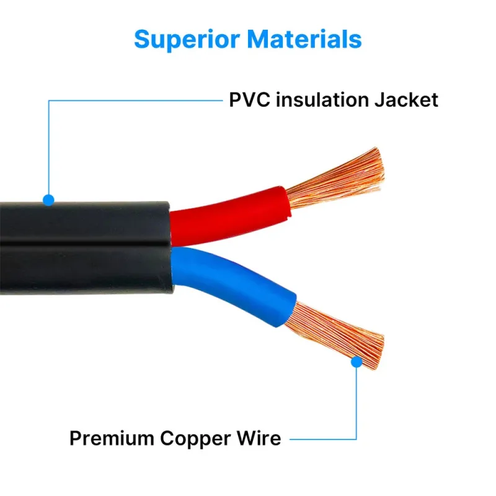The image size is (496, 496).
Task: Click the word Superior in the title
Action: point(187,39)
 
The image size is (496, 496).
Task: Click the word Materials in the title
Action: point(304,39)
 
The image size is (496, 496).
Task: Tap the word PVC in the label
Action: point(249,100)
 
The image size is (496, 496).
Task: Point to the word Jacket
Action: point(405,100)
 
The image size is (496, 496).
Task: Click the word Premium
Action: point(112,438)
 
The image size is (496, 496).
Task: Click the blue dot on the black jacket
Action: point(48,200)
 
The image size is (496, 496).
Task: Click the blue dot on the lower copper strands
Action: point(356,361)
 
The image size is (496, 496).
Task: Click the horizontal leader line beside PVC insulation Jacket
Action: point(136,100)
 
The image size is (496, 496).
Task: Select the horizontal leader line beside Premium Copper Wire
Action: point(322,439)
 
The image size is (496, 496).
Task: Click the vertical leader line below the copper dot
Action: point(356,403)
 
